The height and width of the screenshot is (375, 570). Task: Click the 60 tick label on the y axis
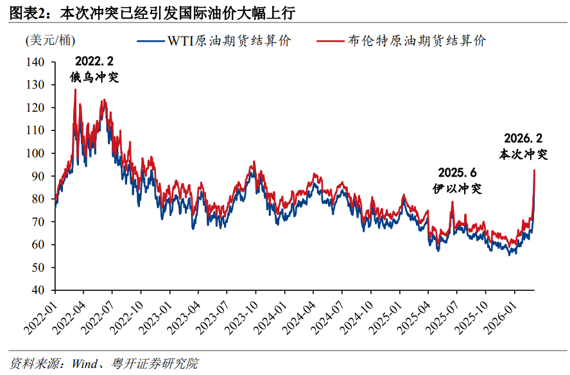click(x=38, y=245)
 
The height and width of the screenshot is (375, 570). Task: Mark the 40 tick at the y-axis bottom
click(x=38, y=290)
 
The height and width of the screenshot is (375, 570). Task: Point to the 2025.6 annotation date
click(x=458, y=173)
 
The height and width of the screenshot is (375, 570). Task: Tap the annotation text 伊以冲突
click(x=457, y=188)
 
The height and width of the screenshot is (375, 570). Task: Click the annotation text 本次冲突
click(x=524, y=154)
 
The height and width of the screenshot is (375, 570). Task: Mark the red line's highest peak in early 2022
click(x=75, y=89)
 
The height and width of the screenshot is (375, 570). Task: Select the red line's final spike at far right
click(x=534, y=170)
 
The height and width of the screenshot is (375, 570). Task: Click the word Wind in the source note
click(x=85, y=364)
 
